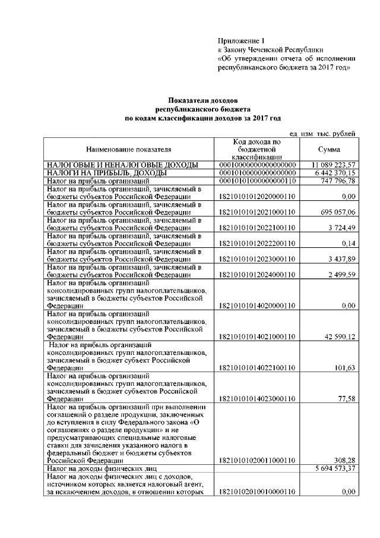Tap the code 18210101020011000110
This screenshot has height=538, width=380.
(257, 461)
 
